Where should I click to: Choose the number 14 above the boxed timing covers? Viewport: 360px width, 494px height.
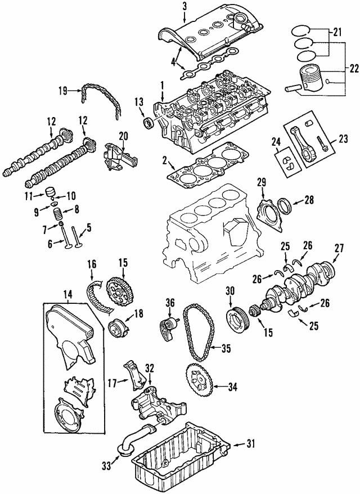coord(67,294)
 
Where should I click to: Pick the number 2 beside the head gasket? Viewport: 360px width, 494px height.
coord(164,161)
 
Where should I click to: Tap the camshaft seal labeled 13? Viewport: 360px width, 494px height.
coord(148,123)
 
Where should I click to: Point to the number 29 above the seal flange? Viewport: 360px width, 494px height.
coord(262,182)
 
